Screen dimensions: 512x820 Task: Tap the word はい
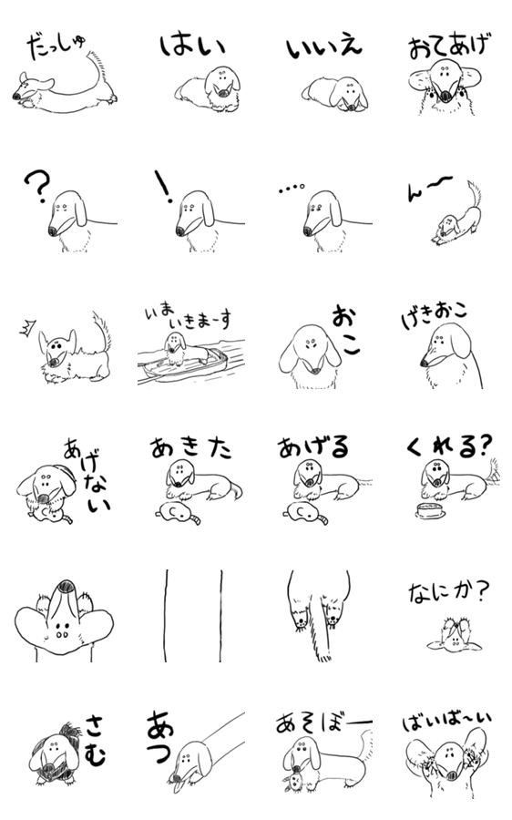click(192, 45)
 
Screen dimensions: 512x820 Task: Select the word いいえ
click(323, 48)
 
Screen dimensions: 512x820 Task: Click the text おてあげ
click(450, 46)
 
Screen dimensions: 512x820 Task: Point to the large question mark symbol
click(37, 187)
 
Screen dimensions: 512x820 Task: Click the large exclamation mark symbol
click(163, 186)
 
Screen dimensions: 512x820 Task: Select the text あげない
click(87, 476)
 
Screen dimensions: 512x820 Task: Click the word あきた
click(191, 448)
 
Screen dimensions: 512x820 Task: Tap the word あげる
click(312, 447)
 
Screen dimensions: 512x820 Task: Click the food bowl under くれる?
click(430, 510)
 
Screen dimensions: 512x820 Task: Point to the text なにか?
click(448, 593)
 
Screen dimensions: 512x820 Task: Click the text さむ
click(96, 740)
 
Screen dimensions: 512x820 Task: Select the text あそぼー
click(323, 723)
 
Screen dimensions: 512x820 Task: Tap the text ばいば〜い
click(446, 722)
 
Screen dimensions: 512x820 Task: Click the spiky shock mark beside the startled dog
click(26, 329)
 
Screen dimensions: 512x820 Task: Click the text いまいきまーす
click(188, 318)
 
